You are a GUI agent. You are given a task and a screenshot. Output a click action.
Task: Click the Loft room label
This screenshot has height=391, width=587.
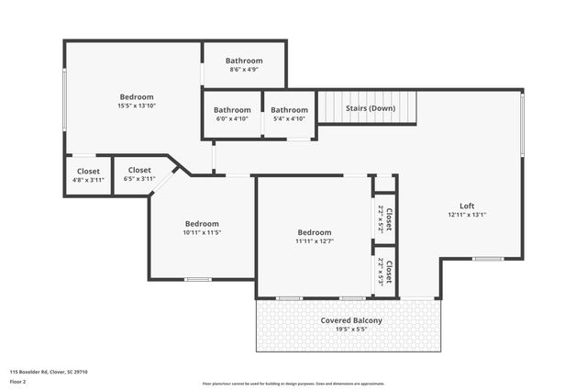click(466, 205)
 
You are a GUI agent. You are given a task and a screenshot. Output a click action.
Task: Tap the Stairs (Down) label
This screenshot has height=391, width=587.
click(370, 108)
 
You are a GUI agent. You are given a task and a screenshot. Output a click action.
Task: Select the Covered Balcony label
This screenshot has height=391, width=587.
click(351, 320)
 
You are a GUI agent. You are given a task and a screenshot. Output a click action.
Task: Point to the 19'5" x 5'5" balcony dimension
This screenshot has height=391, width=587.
click(351, 330)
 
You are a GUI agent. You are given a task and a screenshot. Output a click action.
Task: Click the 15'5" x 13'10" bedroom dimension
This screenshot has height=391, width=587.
click(136, 106)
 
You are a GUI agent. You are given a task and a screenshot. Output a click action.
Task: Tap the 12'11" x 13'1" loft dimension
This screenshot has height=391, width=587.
click(466, 214)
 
